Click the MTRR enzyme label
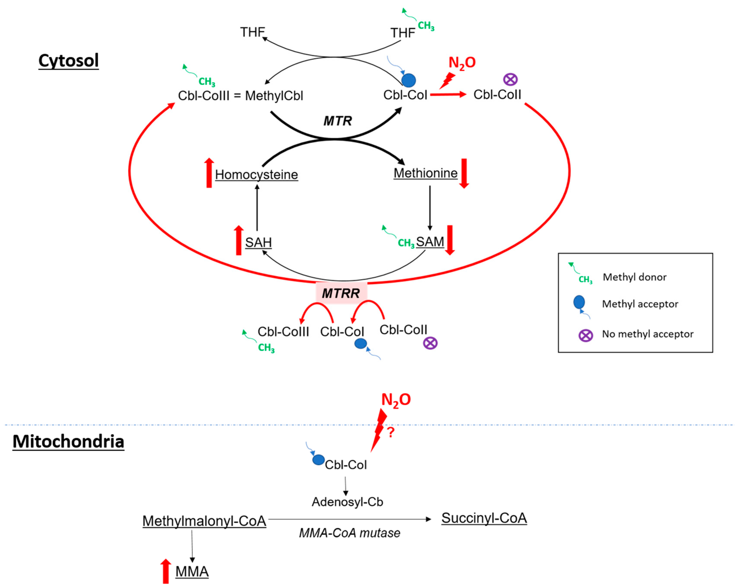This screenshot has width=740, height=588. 341,293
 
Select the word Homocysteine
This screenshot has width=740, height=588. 256,174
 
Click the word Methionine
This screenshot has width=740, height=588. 425,173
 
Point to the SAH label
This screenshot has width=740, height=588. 258,242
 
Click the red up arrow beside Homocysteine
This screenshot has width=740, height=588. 209,173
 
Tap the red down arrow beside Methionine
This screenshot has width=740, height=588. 464,173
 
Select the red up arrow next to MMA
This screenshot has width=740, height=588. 166,571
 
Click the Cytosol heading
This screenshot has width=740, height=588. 69,61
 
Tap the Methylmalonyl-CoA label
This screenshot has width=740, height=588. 204,521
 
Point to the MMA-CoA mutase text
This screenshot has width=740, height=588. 349,533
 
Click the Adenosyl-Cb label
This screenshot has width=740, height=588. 347,502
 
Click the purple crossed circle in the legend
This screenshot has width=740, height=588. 586,335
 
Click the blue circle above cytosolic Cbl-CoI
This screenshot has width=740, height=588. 408,80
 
